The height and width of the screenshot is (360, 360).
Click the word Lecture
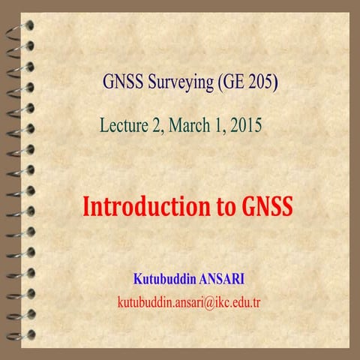point(123,125)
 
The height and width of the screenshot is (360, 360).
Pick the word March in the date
point(191,125)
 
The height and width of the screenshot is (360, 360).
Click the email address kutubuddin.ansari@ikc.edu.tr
point(188,303)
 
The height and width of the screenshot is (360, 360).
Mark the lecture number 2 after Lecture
point(156,125)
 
